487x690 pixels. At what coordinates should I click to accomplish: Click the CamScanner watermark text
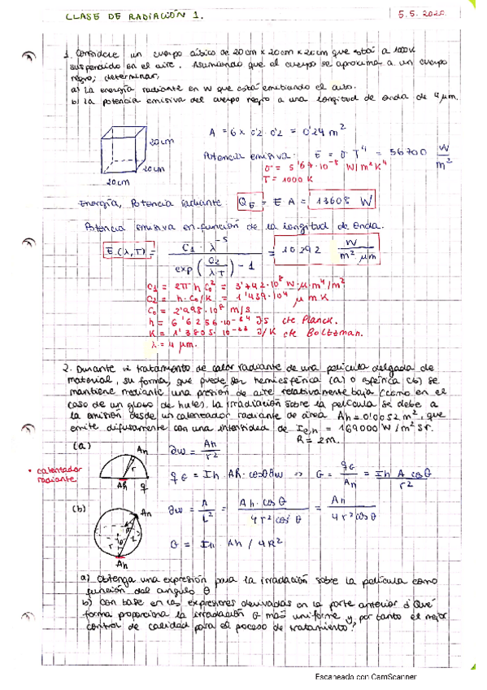(366, 676)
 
